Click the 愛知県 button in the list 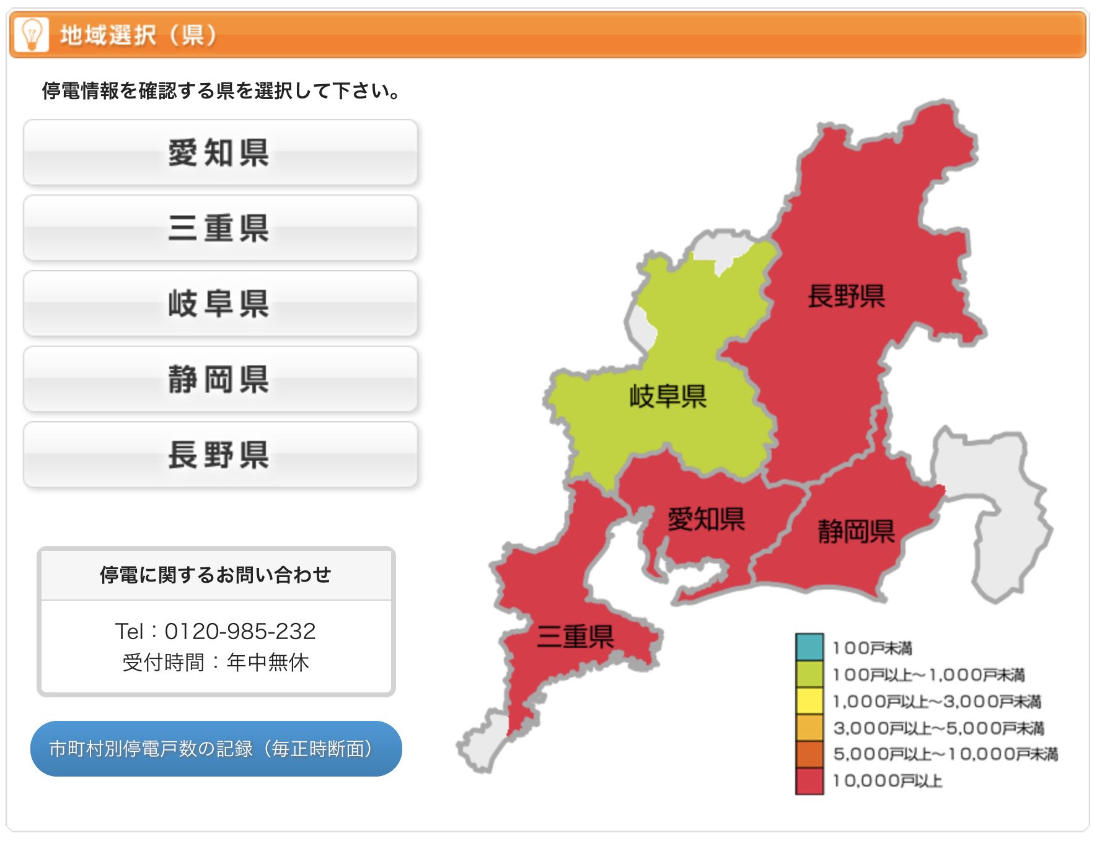pyautogui.click(x=220, y=153)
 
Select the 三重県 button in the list pyautogui.click(x=220, y=229)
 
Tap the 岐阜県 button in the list pyautogui.click(x=220, y=304)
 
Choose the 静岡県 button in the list pyautogui.click(x=220, y=380)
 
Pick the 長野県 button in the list pyautogui.click(x=220, y=455)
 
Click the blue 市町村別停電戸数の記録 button pyautogui.click(x=216, y=749)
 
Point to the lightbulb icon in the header pyautogui.click(x=31, y=34)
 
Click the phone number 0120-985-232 pyautogui.click(x=240, y=631)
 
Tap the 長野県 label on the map pyautogui.click(x=846, y=296)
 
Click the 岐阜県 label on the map pyautogui.click(x=668, y=396)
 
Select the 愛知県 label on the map pyautogui.click(x=706, y=519)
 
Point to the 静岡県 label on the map pyautogui.click(x=856, y=531)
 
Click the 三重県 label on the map pyautogui.click(x=575, y=637)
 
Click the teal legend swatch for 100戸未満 pyautogui.click(x=809, y=647)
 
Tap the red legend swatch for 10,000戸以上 pyautogui.click(x=809, y=781)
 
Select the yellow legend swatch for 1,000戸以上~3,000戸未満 pyautogui.click(x=809, y=701)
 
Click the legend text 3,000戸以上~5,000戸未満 pyautogui.click(x=938, y=728)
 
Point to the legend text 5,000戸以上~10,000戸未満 pyautogui.click(x=945, y=754)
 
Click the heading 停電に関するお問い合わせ pyautogui.click(x=216, y=575)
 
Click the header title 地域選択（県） pyautogui.click(x=138, y=35)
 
